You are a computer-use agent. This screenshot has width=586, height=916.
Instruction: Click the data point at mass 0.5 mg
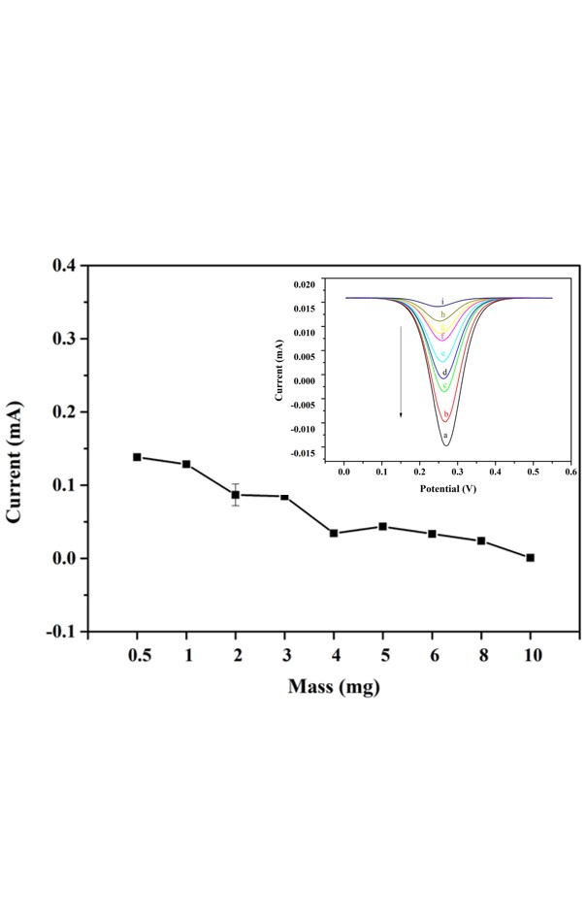(137, 457)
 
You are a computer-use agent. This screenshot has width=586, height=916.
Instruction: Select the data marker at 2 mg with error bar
(235, 495)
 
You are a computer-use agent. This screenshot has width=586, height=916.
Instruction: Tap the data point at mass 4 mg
(334, 533)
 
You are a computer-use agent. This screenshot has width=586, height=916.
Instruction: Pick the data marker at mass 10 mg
(530, 558)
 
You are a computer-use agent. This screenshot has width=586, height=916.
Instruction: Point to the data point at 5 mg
(383, 527)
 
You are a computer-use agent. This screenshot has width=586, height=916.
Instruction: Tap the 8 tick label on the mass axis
(481, 657)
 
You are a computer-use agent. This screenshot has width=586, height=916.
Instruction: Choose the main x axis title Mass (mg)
(334, 688)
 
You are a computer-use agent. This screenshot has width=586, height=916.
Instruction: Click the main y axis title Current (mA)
(16, 448)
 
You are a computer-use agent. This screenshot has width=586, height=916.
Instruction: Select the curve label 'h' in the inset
(442, 315)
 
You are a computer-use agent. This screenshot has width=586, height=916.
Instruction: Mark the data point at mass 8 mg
(481, 540)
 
